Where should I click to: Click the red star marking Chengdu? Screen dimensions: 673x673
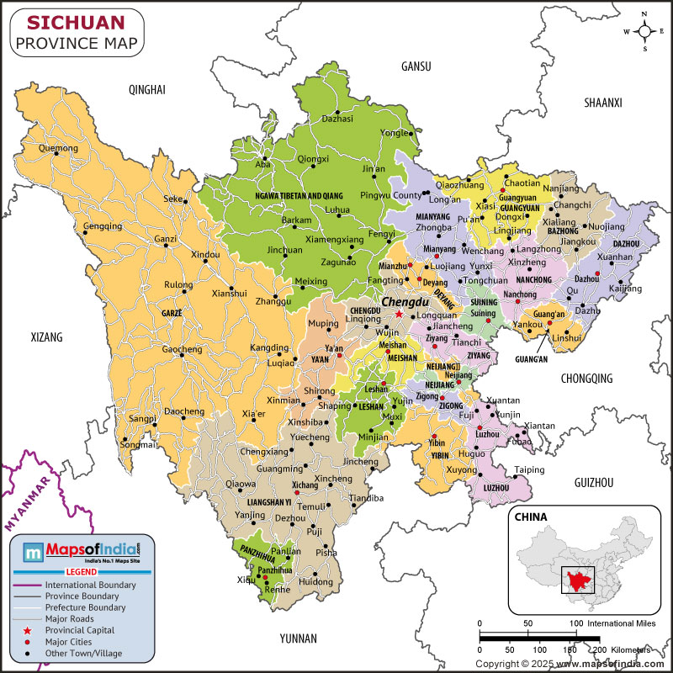coord(399,314)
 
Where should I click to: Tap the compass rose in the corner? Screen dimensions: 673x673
coord(644,31)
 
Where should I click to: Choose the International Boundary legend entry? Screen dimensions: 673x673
coord(90,584)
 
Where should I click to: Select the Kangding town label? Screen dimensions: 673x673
coord(269,347)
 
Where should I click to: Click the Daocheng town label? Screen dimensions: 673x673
coord(183,411)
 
